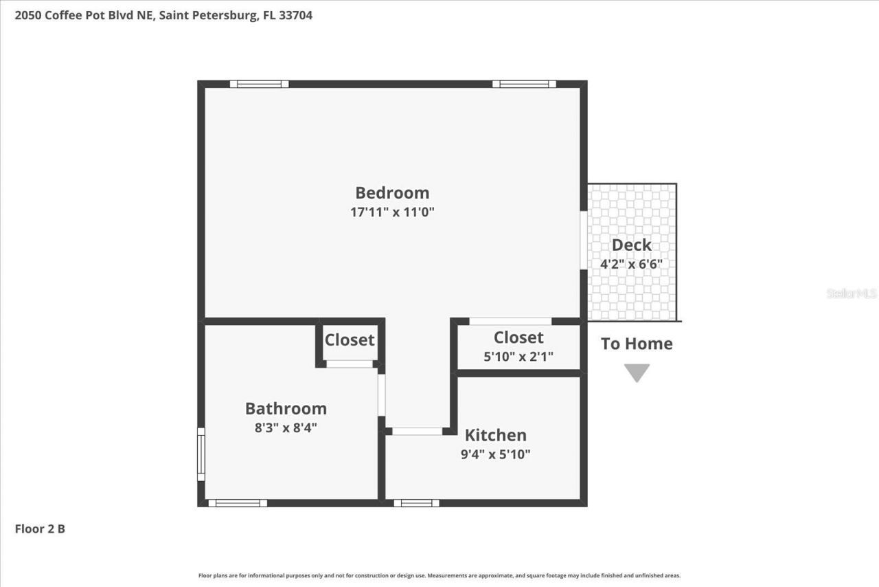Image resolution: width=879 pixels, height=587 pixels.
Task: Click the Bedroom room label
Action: (x=392, y=192)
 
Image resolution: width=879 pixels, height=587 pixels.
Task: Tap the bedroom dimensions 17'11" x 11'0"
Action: (x=392, y=212)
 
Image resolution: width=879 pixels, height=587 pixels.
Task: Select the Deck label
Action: (x=631, y=245)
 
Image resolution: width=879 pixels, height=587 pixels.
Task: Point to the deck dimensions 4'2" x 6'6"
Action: (x=631, y=263)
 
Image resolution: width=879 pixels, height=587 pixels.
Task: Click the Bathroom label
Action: (x=286, y=408)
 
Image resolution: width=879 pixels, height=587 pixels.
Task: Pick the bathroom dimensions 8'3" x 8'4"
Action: (x=286, y=428)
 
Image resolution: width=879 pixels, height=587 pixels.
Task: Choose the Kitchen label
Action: (x=495, y=435)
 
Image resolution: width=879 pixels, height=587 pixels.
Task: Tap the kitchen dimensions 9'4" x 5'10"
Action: (x=495, y=454)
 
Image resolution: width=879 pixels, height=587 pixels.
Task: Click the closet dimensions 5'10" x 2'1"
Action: (x=518, y=357)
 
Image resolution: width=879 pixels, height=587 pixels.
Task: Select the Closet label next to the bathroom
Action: (x=350, y=340)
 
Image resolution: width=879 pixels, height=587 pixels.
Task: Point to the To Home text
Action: (x=637, y=344)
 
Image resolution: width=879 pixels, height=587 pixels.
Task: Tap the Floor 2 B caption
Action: (x=40, y=529)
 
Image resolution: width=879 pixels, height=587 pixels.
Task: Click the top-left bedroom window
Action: (x=259, y=84)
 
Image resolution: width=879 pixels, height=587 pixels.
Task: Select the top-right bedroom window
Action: (x=524, y=84)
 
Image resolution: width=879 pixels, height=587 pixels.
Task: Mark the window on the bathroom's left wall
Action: (x=201, y=454)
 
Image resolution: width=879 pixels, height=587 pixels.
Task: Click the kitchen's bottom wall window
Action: (x=416, y=503)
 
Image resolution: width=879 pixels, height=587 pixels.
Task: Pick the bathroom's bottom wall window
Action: (x=238, y=503)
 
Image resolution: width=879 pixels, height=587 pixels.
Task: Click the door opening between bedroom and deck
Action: (x=584, y=241)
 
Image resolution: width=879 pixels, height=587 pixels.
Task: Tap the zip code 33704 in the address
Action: (x=296, y=15)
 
